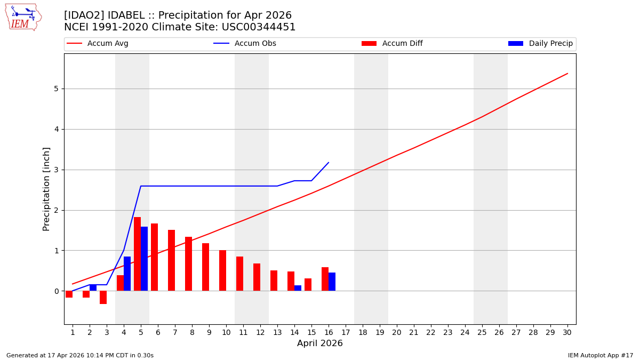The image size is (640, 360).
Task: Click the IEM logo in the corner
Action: tap(23, 17)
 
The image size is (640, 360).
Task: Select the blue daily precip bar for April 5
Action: tap(144, 259)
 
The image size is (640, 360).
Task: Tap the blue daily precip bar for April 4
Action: tap(127, 274)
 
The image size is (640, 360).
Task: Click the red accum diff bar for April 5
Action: tap(137, 254)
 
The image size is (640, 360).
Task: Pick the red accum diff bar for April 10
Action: tap(222, 270)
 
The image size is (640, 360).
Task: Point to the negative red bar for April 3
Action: tap(103, 297)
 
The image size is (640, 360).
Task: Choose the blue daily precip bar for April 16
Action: tap(332, 282)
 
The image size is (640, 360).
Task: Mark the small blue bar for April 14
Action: tap(298, 288)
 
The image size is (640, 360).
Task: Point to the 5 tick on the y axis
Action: tap(55, 89)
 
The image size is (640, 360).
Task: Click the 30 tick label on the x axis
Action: tap(567, 332)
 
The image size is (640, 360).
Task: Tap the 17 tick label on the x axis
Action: tap(345, 332)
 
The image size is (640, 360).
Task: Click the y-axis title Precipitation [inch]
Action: tap(46, 189)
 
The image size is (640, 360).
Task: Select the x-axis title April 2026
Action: tap(319, 343)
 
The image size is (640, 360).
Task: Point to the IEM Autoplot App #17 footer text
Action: tap(600, 355)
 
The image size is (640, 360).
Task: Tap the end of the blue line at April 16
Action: tap(329, 163)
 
